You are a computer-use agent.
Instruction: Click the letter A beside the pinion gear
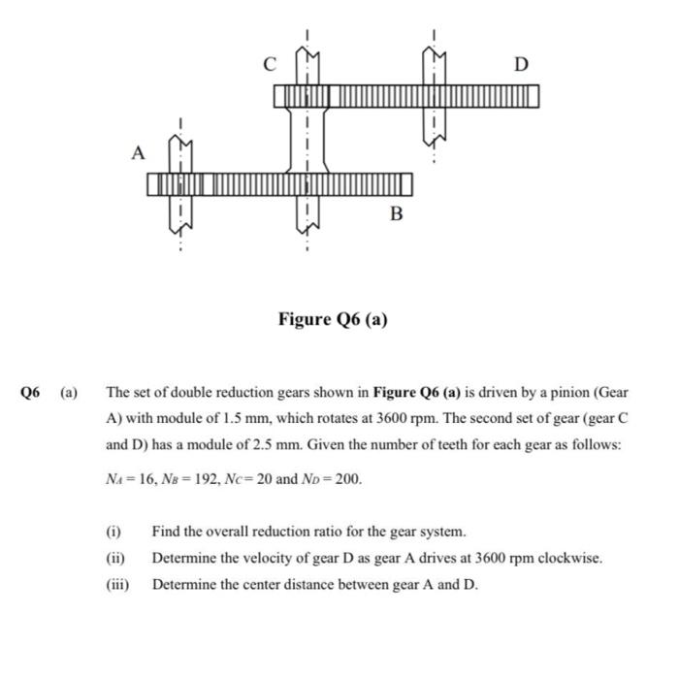pyautogui.click(x=139, y=153)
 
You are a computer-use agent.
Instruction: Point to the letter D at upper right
pyautogui.click(x=521, y=65)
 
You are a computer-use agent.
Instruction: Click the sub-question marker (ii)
pyautogui.click(x=114, y=559)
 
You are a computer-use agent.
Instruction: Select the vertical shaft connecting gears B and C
pyautogui.click(x=307, y=139)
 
